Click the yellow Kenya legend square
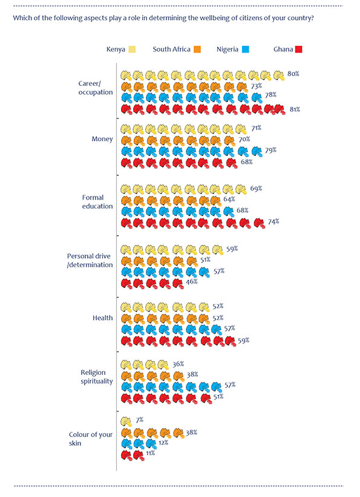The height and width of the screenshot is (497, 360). click(132, 50)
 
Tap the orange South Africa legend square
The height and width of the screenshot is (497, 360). click(197, 50)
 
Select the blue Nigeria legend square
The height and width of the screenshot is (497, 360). click(246, 50)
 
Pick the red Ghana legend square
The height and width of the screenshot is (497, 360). click(298, 50)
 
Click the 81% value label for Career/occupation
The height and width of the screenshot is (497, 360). click(295, 109)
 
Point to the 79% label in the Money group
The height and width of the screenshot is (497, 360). click(270, 150)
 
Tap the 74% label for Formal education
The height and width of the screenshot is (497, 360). click(273, 221)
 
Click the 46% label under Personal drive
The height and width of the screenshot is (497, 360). click(192, 282)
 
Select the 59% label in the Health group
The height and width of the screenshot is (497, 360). click(244, 340)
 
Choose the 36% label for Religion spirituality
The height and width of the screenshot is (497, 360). click(178, 364)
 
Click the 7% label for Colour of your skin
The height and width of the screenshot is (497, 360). click(140, 420)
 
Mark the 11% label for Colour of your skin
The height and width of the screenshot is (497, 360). click(150, 453)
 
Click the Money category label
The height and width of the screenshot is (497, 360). click(102, 139)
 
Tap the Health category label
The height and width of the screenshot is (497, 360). click(102, 318)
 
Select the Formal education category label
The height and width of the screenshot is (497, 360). click(97, 202)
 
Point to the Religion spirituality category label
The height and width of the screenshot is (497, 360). click(97, 377)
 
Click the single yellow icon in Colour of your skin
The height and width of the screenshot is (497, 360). click(126, 421)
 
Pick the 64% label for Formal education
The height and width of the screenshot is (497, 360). click(229, 200)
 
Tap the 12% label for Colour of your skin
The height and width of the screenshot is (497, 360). click(163, 443)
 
